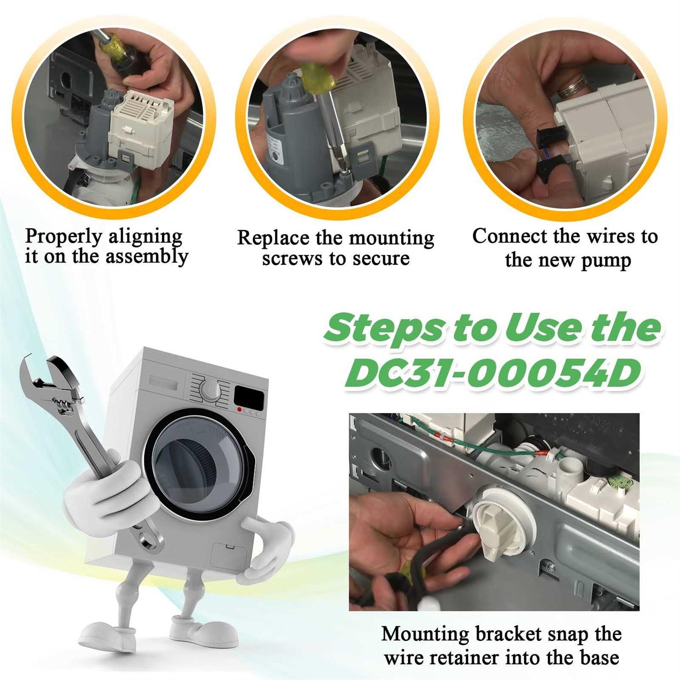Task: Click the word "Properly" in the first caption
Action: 64,237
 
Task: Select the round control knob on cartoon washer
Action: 210,390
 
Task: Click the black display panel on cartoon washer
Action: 249,397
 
